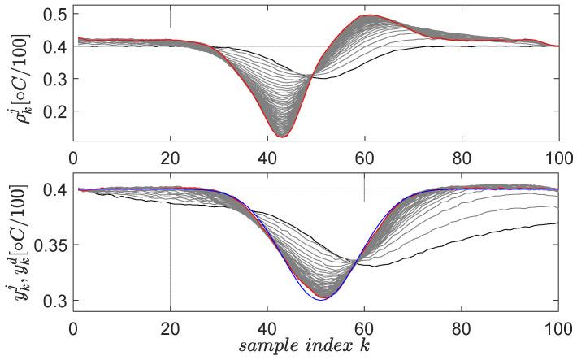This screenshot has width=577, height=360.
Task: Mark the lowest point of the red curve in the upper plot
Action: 281,137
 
